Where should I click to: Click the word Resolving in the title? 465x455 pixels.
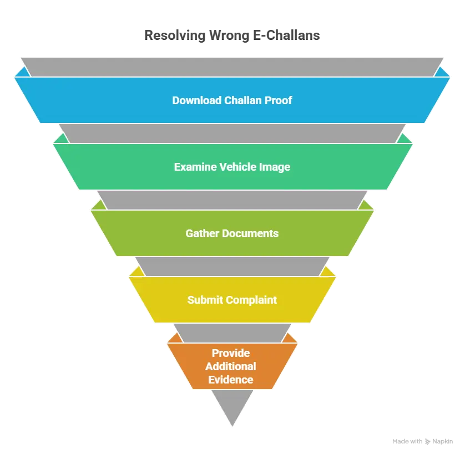click(x=175, y=35)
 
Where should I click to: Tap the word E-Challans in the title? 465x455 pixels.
click(x=286, y=35)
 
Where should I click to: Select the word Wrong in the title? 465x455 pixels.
click(x=229, y=35)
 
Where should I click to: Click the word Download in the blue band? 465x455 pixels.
click(x=197, y=100)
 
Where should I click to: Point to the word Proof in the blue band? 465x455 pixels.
click(x=278, y=100)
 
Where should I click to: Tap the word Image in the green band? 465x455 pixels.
click(x=275, y=167)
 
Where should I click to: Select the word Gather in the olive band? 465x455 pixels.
click(x=202, y=233)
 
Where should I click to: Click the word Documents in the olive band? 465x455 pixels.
click(x=251, y=233)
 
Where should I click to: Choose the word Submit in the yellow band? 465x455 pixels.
click(x=205, y=300)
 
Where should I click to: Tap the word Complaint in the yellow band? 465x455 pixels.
click(x=251, y=300)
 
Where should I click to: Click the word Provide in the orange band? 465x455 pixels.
click(x=231, y=353)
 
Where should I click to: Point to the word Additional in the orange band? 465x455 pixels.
click(x=231, y=366)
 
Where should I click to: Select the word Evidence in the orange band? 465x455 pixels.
click(x=231, y=380)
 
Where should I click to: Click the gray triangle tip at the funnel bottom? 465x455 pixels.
click(x=232, y=426)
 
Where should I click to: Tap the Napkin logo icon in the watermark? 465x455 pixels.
click(x=427, y=442)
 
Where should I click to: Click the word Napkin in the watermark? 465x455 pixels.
click(x=442, y=442)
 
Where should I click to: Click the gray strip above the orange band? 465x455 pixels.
click(x=232, y=333)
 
